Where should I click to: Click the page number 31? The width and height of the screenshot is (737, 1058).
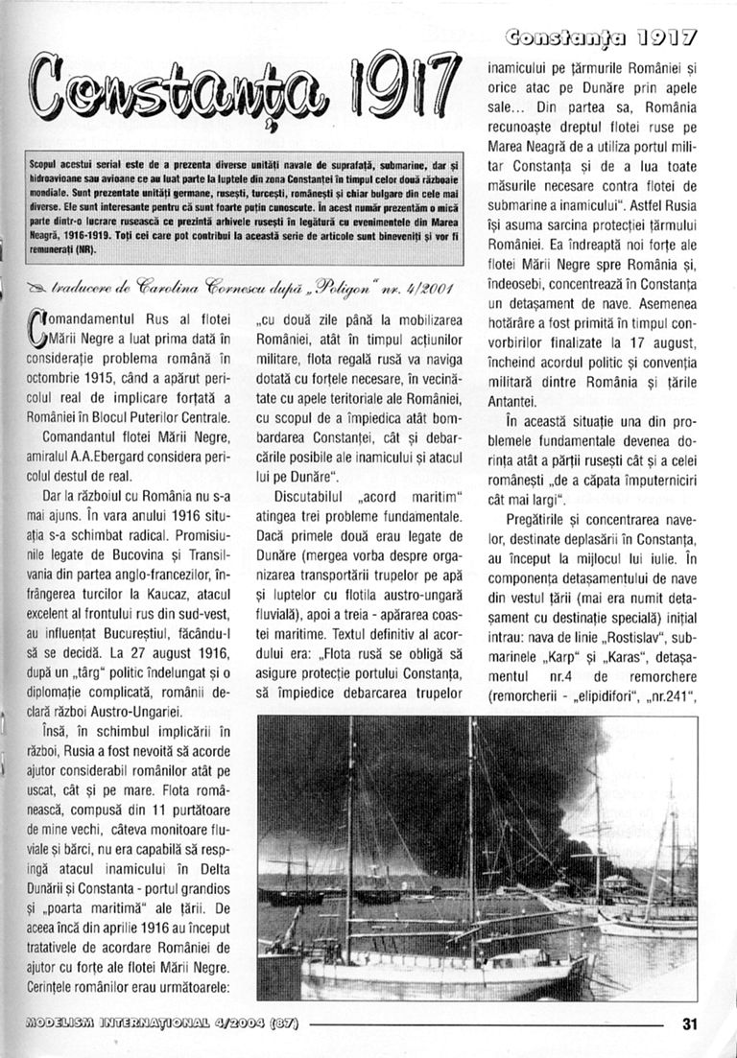click(689, 1023)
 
